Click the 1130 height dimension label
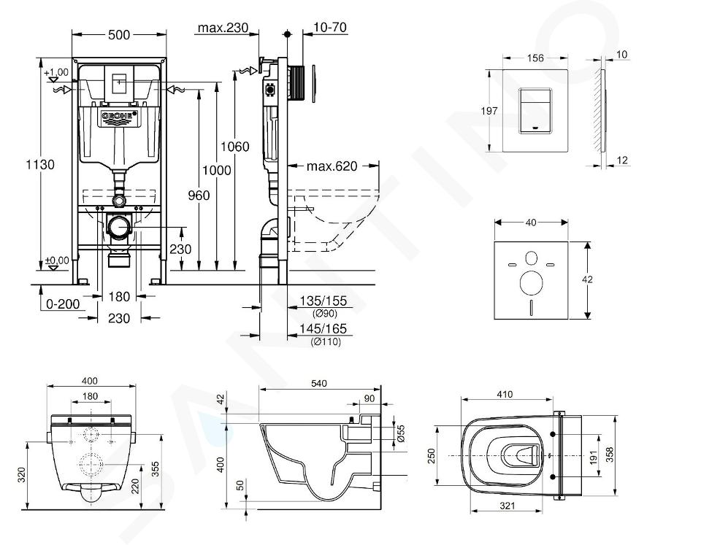tap(41, 165)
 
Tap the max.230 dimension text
tap(222, 28)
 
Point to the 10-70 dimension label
tap(329, 28)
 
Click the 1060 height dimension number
tap(234, 147)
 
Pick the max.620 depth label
tap(332, 166)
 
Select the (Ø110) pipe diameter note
tap(325, 342)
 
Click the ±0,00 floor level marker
tap(56, 260)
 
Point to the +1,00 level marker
tap(55, 72)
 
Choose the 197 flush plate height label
tap(490, 111)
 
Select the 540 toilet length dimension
tap(319, 384)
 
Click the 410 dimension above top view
tap(505, 395)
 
